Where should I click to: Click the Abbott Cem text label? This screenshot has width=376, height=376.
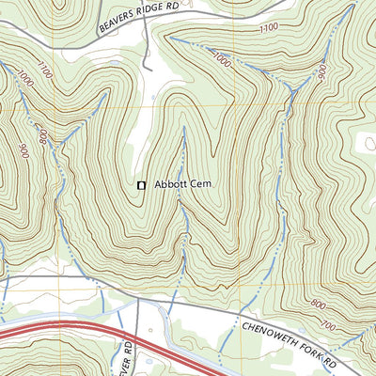click(179, 185)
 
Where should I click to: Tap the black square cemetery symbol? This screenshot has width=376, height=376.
click(142, 186)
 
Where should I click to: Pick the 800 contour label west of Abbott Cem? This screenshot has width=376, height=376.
click(42, 138)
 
